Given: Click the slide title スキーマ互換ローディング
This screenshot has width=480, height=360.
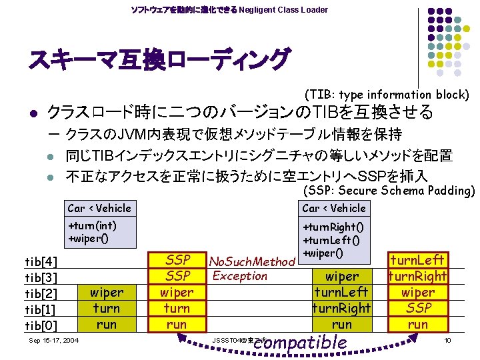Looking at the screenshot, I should point(159,60).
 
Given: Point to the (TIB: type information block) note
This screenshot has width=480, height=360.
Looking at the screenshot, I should point(387,95).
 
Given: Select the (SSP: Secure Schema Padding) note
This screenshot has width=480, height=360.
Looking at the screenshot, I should point(388,191).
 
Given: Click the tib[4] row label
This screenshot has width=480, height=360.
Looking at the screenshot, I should point(41,261).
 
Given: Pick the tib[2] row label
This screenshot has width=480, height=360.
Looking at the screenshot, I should point(41,293).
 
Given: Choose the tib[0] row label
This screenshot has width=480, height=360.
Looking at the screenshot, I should point(41,325).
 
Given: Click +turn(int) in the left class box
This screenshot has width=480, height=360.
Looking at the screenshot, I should point(93,226).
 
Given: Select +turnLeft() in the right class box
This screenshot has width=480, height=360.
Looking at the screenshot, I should point(331,240).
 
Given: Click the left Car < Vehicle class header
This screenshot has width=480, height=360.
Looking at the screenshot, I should point(100,208).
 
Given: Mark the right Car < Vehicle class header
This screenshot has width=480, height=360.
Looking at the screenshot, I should point(334,208).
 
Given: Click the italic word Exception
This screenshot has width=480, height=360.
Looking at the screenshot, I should point(239,276).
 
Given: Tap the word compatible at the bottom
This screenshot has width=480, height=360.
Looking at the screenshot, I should point(301,343).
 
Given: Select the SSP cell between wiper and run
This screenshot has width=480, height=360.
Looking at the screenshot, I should point(418,308).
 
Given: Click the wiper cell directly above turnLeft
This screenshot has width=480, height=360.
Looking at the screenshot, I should point(341,276).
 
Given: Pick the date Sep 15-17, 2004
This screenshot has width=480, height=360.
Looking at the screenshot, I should point(55,341).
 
